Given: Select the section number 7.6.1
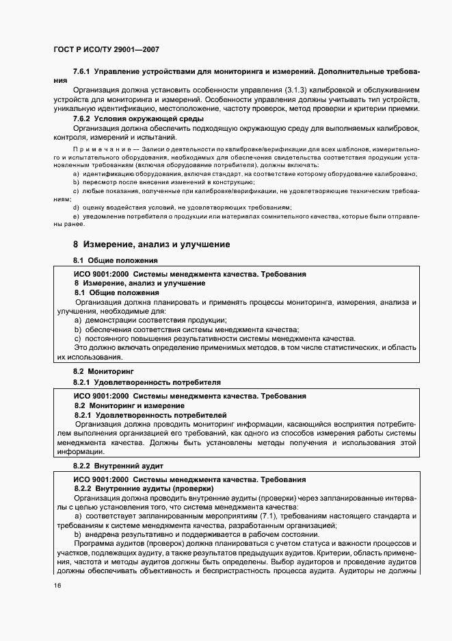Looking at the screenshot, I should click(x=81, y=71).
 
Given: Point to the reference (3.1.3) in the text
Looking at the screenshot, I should click(x=296, y=90).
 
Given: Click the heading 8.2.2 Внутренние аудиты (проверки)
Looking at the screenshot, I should click(x=144, y=488).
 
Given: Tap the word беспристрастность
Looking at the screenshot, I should click(x=239, y=569).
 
